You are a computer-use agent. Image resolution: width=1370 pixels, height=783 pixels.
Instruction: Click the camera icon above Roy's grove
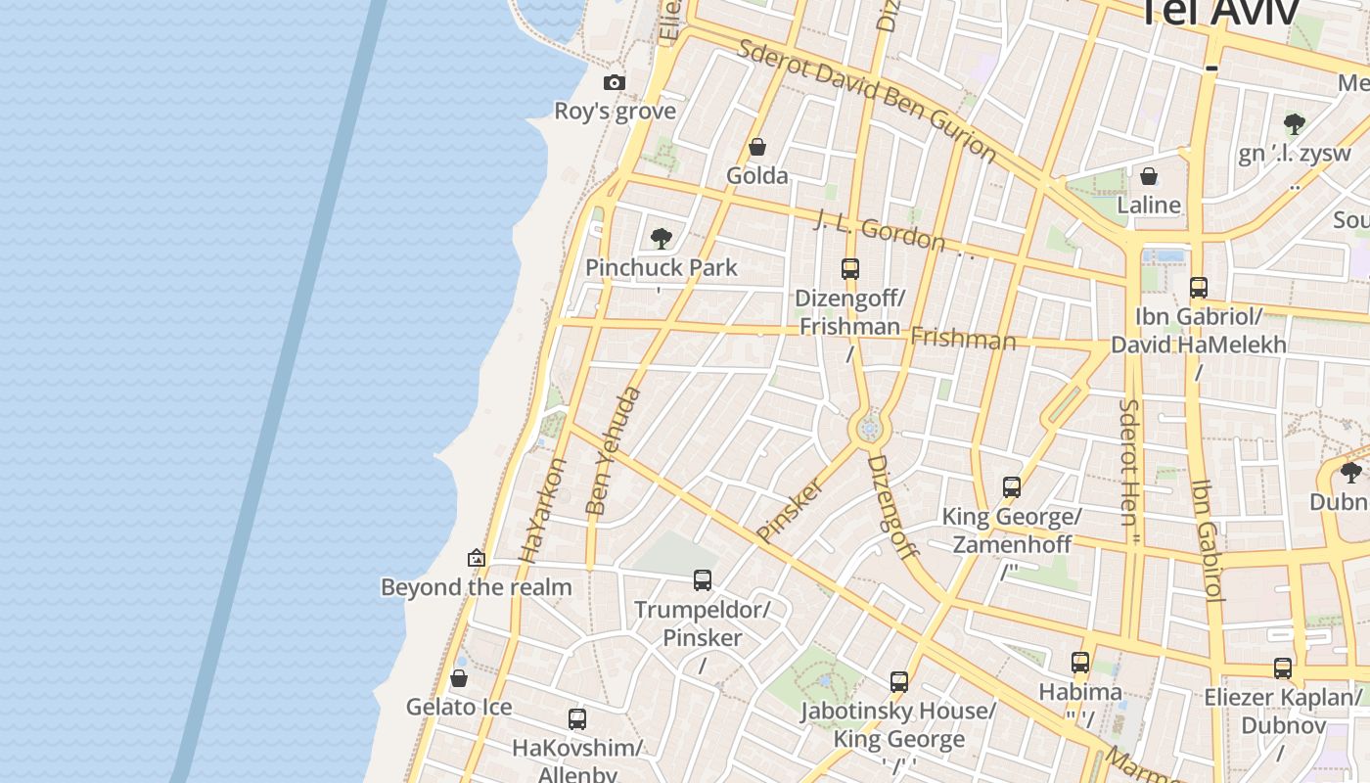coord(615,82)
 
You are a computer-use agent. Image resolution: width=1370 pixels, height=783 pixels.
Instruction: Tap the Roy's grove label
coord(615,111)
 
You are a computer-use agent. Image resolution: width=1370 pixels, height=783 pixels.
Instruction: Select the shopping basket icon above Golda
coord(756,148)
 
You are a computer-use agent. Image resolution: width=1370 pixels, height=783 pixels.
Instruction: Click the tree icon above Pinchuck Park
coord(662,238)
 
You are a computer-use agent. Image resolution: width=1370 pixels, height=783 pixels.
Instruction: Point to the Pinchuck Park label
coord(662,267)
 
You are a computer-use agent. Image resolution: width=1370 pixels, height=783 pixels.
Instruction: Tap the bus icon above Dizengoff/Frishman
coord(850,268)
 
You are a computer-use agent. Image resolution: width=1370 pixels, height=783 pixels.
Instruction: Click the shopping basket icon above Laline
coord(1149,176)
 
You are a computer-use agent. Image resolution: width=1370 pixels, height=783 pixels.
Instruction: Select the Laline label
coord(1149,205)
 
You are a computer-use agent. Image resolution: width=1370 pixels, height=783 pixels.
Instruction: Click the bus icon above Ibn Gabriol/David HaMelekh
coord(1199,288)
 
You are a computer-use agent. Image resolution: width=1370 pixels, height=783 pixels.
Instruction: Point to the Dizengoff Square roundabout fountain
coord(867,429)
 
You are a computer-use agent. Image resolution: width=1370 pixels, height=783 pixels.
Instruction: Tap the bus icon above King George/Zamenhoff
coord(1012,486)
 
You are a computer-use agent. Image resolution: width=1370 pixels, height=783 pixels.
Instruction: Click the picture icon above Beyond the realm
coord(477,558)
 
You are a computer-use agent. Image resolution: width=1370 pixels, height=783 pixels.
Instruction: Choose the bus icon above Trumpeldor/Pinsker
coord(703,579)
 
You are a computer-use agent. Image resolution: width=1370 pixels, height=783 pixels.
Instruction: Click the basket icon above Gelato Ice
coord(458,678)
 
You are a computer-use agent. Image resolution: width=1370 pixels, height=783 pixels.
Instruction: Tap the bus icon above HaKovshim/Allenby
coord(577,719)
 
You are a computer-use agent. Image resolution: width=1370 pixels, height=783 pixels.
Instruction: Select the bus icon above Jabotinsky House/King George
coord(899,682)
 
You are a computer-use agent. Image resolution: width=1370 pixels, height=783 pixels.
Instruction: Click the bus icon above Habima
coord(1080,663)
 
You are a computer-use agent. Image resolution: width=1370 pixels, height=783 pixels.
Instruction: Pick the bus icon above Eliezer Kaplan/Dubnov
coord(1283,668)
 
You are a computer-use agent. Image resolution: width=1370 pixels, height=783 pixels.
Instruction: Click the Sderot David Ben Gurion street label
coord(867,101)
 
